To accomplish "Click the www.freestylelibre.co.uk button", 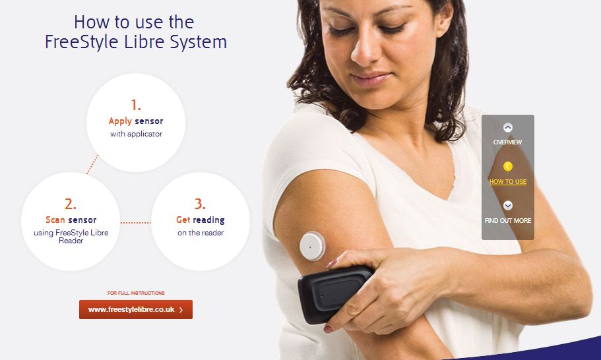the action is click(136, 309).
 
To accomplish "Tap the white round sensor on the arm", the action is click(313, 246).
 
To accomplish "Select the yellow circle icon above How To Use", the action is click(508, 166).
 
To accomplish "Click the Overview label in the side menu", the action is click(507, 142).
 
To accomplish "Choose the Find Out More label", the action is click(508, 221).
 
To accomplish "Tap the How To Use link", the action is click(508, 182).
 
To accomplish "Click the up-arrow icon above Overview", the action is click(508, 127).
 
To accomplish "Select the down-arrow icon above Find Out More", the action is click(508, 206).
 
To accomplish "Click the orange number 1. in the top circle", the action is click(136, 105).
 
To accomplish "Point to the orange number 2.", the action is click(71, 204).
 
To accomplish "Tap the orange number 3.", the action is click(200, 204).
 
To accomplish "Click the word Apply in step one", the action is click(120, 121).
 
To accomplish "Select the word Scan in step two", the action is click(55, 220).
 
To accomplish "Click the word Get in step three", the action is click(183, 220).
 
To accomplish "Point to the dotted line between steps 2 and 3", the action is click(136, 222).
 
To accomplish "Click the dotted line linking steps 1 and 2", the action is click(92, 164).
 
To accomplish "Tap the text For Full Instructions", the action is click(136, 293).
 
